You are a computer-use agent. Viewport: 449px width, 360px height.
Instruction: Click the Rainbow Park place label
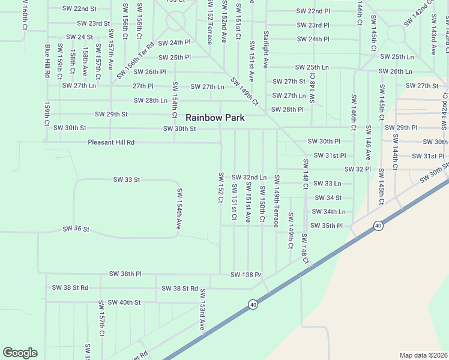pos(215,118)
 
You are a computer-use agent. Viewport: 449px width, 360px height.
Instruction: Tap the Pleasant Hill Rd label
pos(111,142)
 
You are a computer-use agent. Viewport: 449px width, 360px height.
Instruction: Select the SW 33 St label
pos(127,179)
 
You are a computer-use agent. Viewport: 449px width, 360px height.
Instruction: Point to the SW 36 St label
pos(76,229)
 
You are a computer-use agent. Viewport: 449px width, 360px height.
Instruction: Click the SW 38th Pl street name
pos(125,274)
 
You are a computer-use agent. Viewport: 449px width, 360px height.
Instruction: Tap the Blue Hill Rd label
pos(47,61)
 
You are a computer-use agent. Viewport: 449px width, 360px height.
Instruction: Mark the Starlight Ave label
pos(265,50)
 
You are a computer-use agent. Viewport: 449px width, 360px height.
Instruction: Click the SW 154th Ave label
pos(179,208)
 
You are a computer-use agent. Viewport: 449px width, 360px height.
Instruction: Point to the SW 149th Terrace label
pos(277,201)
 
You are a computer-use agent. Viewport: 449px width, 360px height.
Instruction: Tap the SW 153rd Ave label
pos(203,309)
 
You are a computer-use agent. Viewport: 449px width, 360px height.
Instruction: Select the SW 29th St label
pos(111,114)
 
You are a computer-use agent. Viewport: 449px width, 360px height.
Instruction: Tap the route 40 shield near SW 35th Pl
pos(378,226)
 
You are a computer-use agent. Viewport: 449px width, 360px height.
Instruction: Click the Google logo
pos(20,353)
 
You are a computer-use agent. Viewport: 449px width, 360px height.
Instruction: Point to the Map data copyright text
pos(423,355)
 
